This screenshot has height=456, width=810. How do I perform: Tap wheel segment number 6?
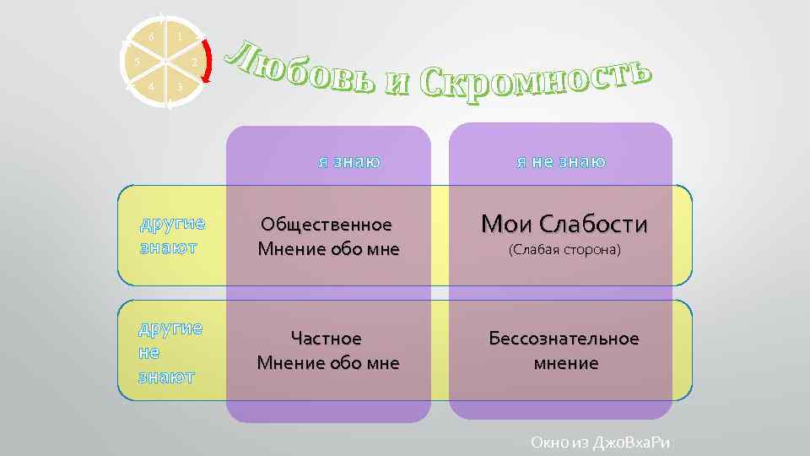pyautogui.click(x=151, y=37)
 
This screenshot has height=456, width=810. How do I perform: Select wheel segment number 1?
pyautogui.click(x=180, y=37)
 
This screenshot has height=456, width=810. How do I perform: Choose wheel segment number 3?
pyautogui.click(x=180, y=87)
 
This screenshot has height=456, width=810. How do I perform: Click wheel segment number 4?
pyautogui.click(x=151, y=87)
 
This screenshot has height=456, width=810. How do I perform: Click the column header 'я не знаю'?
pyautogui.click(x=561, y=160)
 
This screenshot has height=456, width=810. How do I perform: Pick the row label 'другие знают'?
pyautogui.click(x=172, y=236)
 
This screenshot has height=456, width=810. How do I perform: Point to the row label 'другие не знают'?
pyautogui.click(x=170, y=351)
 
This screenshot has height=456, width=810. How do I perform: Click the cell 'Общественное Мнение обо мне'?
pyautogui.click(x=328, y=236)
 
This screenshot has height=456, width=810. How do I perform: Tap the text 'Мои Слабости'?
pyautogui.click(x=564, y=224)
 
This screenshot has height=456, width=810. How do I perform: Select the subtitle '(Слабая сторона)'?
pyautogui.click(x=564, y=250)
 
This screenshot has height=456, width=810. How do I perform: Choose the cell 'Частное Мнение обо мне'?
pyautogui.click(x=327, y=350)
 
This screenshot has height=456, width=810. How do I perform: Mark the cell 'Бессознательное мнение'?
pyautogui.click(x=564, y=350)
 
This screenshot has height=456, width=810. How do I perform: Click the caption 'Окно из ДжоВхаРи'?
pyautogui.click(x=604, y=442)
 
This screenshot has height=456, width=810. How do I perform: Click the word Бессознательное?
pyautogui.click(x=564, y=339)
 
